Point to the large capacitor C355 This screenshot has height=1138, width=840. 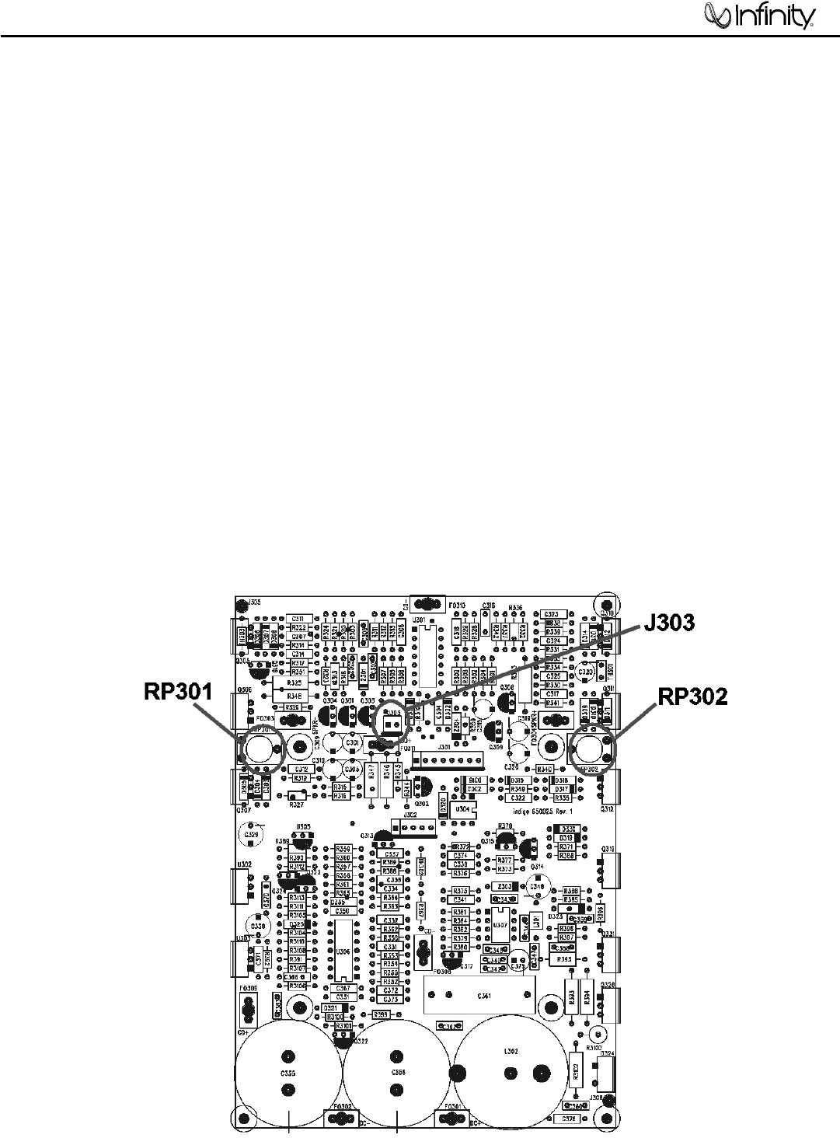(x=288, y=1072)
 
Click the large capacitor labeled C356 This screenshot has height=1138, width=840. (x=397, y=1072)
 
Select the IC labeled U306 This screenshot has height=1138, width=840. (x=341, y=951)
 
